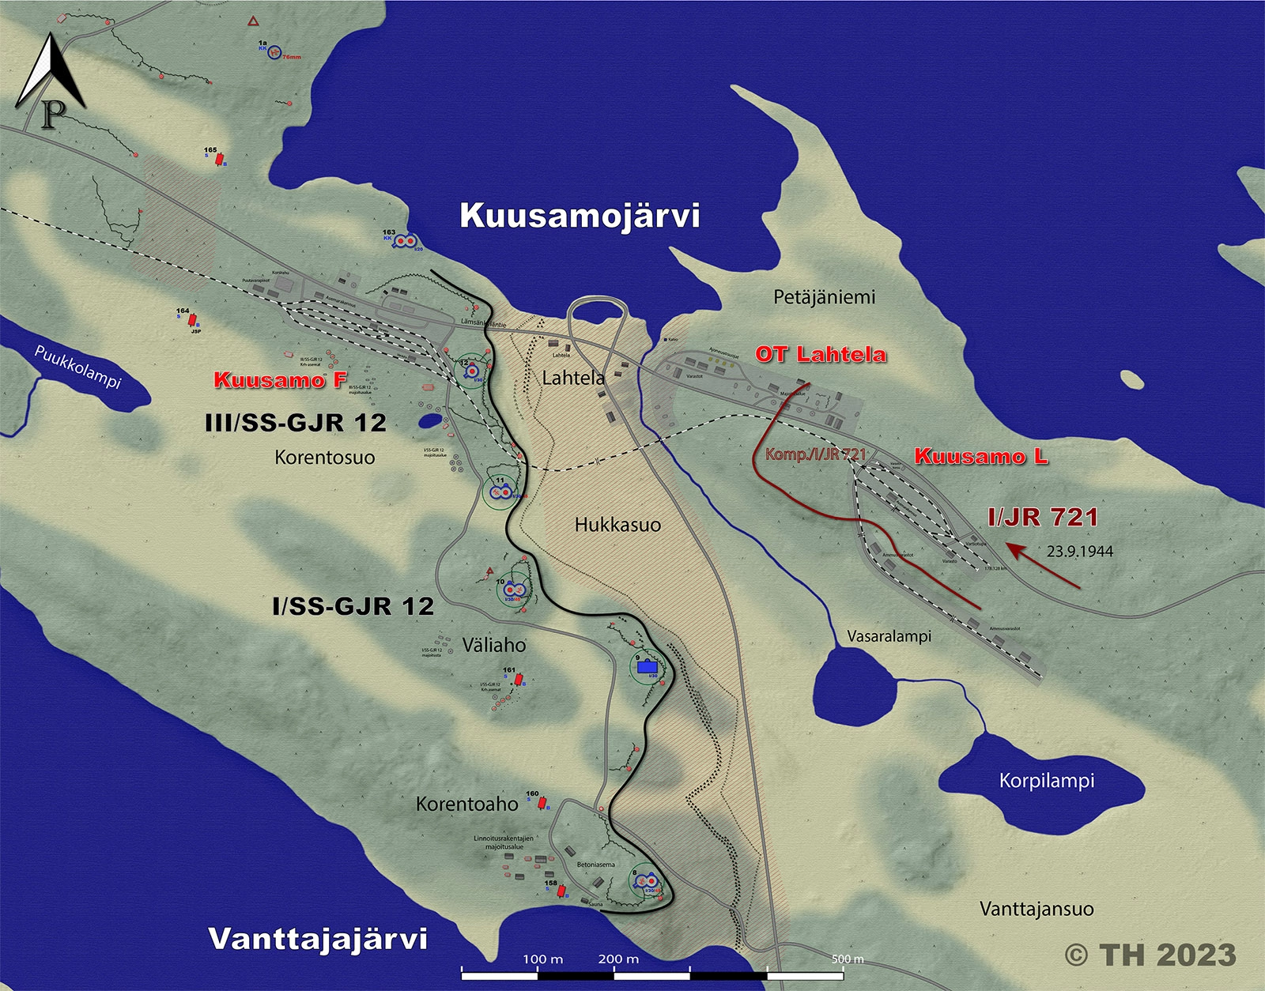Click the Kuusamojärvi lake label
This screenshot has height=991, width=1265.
pyautogui.click(x=580, y=216)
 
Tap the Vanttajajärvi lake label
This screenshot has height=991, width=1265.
pyautogui.click(x=318, y=939)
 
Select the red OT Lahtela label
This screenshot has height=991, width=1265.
pyautogui.click(x=821, y=354)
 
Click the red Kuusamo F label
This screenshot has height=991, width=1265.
pyautogui.click(x=280, y=380)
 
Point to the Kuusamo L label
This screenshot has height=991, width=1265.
pyautogui.click(x=981, y=456)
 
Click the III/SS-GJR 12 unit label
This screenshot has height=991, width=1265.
pyautogui.click(x=296, y=423)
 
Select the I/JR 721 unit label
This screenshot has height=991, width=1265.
pyautogui.click(x=1043, y=518)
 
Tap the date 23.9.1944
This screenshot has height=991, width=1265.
pyautogui.click(x=1079, y=552)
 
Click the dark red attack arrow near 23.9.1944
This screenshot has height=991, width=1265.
pyautogui.click(x=1043, y=565)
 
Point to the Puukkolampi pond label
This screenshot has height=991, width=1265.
pyautogui.click(x=77, y=367)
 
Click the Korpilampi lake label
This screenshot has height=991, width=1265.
pyautogui.click(x=1047, y=781)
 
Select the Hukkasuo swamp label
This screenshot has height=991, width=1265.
pyautogui.click(x=617, y=525)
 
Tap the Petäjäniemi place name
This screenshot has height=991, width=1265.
pyautogui.click(x=824, y=297)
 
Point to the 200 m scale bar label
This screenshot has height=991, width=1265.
pyautogui.click(x=618, y=959)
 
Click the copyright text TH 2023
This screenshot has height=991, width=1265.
pyautogui.click(x=1150, y=955)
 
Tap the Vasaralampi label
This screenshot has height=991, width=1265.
pyautogui.click(x=889, y=636)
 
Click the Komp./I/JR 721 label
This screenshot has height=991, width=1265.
pyautogui.click(x=815, y=454)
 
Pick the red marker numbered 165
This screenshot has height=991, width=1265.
pyautogui.click(x=220, y=159)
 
